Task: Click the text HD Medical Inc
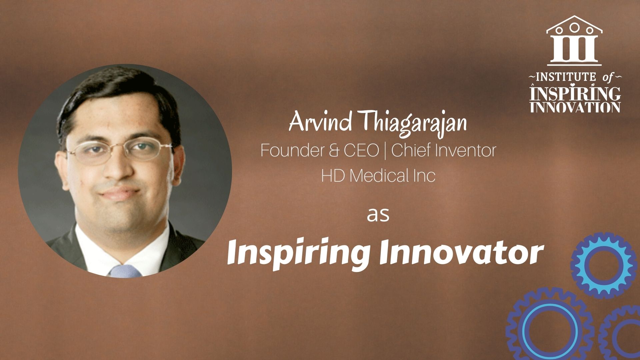point(378,176)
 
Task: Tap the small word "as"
point(378,215)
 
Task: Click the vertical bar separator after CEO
point(385,151)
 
